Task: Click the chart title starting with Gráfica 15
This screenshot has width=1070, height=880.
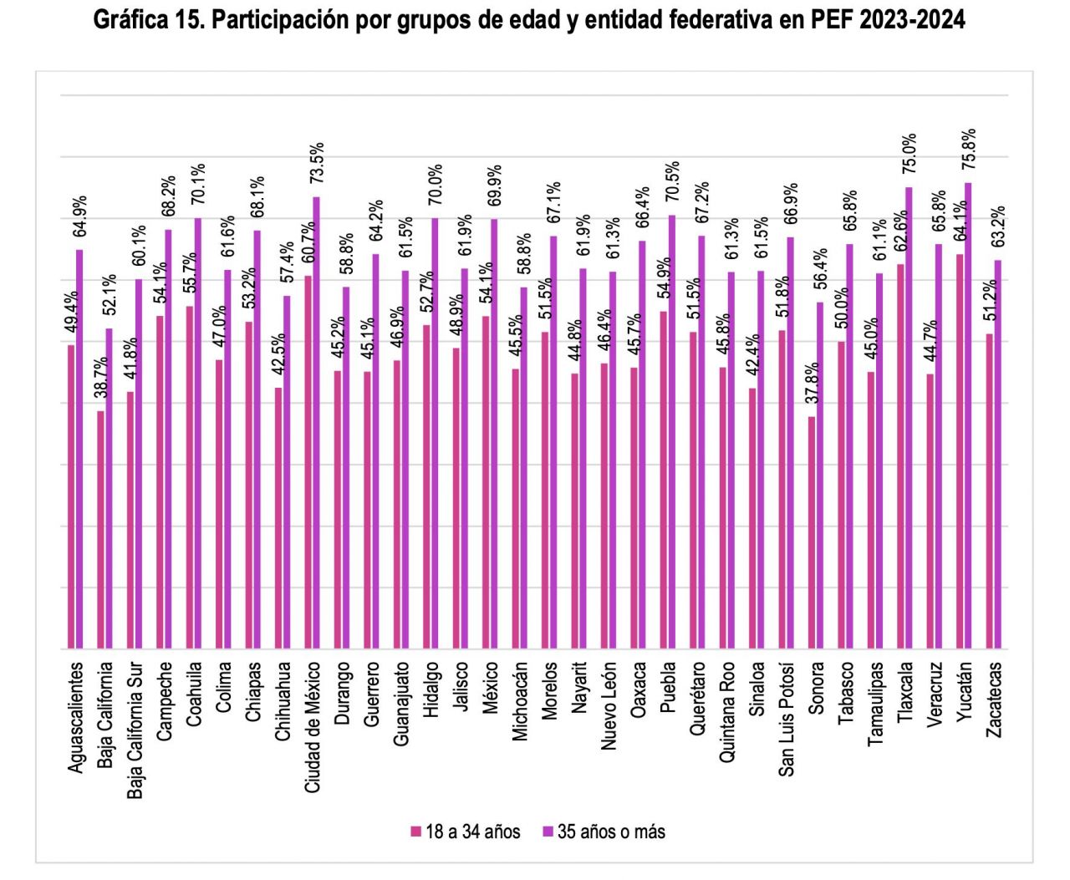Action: tap(528, 20)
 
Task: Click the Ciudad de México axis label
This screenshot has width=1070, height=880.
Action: tap(313, 728)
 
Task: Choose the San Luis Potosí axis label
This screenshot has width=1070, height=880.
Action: tap(787, 720)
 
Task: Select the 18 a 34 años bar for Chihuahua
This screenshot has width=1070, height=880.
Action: tap(278, 518)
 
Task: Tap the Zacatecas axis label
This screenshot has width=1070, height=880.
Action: tap(994, 700)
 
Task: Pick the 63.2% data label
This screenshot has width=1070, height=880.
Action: tap(997, 227)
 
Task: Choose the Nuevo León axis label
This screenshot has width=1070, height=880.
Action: tap(609, 706)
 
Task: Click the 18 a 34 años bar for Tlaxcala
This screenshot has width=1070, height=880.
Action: tap(900, 456)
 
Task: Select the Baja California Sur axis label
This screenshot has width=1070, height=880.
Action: tap(135, 731)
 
